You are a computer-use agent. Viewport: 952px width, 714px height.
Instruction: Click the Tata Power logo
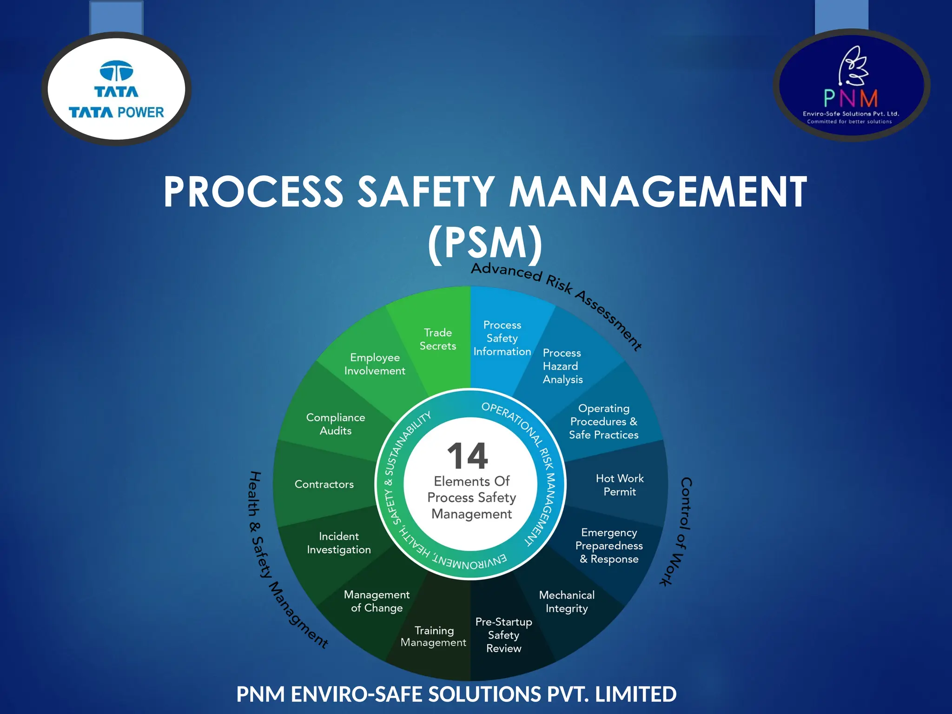pos(116,89)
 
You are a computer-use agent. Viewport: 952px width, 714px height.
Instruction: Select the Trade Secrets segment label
pos(438,339)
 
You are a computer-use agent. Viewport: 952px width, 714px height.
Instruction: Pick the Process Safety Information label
pos(502,338)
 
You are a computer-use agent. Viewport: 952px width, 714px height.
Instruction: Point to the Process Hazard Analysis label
pos(562,366)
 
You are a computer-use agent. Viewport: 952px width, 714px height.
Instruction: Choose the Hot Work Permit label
pos(620,485)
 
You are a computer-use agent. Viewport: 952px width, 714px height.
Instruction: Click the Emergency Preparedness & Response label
pos(609,546)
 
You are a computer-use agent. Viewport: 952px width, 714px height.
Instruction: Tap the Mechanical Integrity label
pos(567,602)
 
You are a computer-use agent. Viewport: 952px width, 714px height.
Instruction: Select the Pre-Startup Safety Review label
pos(503,635)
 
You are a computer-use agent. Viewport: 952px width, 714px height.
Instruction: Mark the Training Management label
pos(434,636)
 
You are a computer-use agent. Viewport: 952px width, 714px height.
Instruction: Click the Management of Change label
pos(377,601)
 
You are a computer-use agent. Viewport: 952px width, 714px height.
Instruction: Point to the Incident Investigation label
pos(339,543)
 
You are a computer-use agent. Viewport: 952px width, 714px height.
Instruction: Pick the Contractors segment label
pos(324,484)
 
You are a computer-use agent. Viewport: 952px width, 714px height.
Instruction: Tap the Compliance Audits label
pos(336,424)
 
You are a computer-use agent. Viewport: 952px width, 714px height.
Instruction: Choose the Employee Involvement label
pos(375,364)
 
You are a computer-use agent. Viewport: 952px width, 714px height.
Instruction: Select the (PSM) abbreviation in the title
pos(485,243)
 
